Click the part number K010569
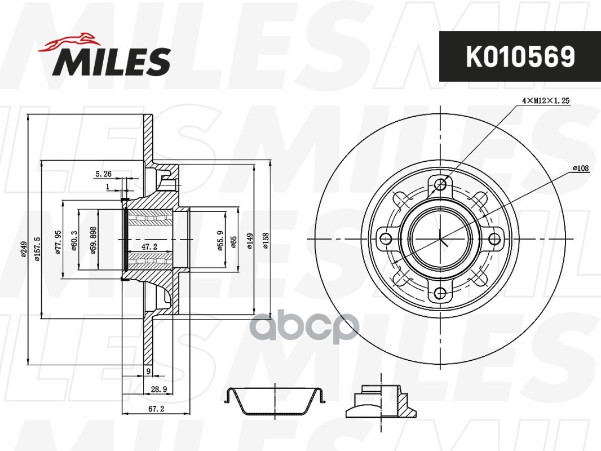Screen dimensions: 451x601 tap(519, 56)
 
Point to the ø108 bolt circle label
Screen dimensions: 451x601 tap(580, 169)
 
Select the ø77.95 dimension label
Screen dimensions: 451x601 tap(58, 243)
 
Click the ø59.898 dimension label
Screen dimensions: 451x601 tap(93, 241)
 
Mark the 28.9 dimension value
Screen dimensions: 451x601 tap(158, 389)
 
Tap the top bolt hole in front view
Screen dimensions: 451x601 tap(441, 184)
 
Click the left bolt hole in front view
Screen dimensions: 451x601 tap(386, 238)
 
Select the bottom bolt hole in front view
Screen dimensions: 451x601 tap(441, 293)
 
